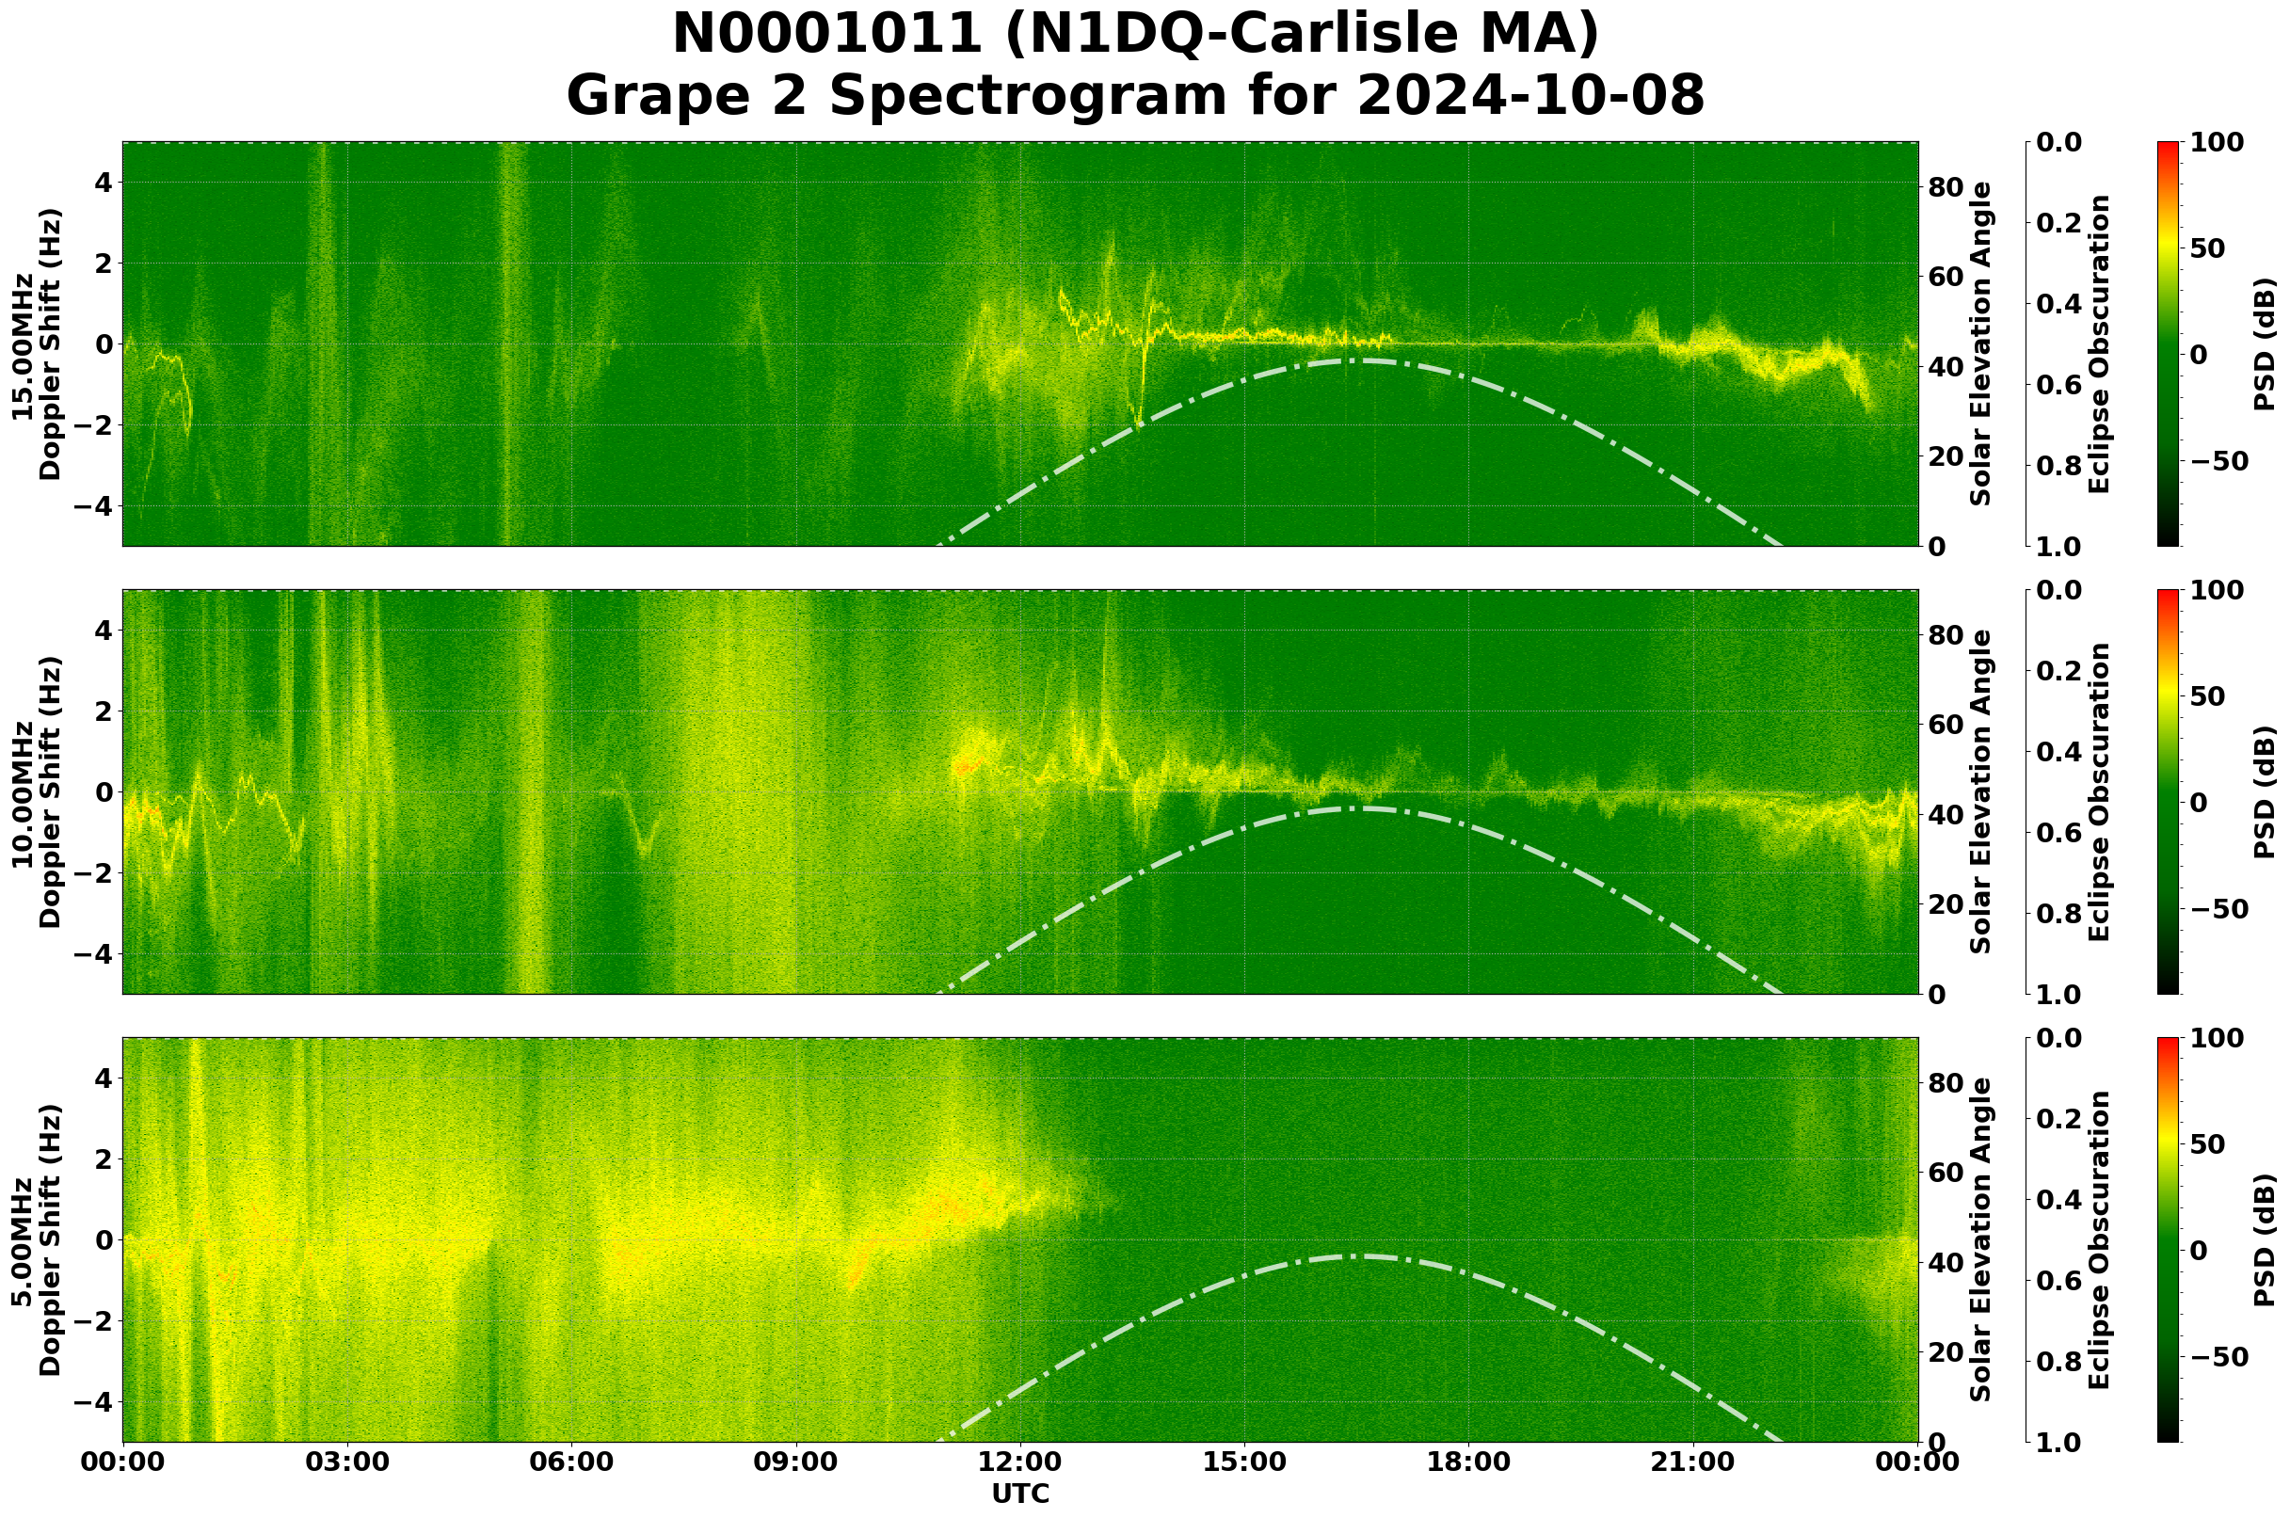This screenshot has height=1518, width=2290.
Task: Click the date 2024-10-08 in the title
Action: [1529, 97]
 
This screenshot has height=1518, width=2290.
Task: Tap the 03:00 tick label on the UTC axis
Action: [347, 1462]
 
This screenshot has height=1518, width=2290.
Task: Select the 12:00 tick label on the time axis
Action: [1020, 1462]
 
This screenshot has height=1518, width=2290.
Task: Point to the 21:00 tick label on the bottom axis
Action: [1693, 1462]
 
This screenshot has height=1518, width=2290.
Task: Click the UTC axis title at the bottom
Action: [1020, 1494]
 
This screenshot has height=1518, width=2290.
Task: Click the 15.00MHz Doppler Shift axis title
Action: [37, 344]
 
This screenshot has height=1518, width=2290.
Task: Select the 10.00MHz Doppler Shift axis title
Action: [37, 791]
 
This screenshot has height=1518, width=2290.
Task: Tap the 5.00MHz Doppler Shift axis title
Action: [37, 1240]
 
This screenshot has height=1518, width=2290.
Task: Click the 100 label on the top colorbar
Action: [2218, 143]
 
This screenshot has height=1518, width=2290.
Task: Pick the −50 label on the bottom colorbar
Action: [2219, 1357]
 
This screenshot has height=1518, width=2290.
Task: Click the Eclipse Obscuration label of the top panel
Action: [2098, 344]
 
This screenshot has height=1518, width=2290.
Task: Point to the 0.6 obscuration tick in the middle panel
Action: [2058, 834]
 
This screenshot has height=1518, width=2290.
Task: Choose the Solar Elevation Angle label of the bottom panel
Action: [1981, 1240]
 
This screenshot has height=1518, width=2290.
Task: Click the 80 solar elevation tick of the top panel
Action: [1946, 187]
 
